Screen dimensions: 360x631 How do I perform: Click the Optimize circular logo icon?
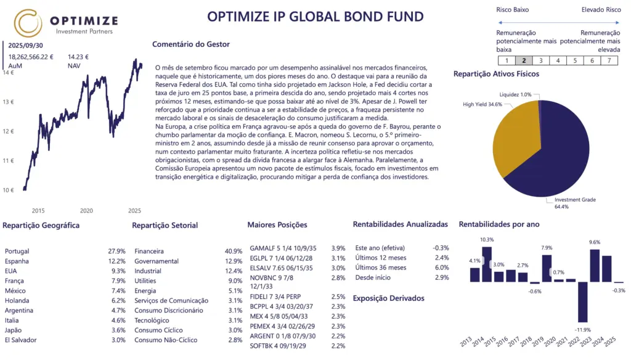click(28, 23)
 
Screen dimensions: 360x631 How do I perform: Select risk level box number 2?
click(524, 60)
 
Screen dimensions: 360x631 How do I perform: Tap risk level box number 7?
click(609, 60)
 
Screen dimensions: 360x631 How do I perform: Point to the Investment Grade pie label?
click(574, 203)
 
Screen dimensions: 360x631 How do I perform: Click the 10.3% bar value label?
click(487, 240)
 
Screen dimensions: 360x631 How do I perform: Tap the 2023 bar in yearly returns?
click(595, 265)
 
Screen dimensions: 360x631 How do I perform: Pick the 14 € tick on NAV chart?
click(8, 72)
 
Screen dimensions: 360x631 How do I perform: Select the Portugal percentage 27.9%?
click(116, 252)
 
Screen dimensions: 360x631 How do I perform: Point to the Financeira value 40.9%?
click(234, 252)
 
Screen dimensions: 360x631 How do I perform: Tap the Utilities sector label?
click(145, 281)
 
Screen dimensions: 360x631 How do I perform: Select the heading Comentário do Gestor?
click(190, 44)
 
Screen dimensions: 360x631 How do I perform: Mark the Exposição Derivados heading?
click(388, 298)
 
